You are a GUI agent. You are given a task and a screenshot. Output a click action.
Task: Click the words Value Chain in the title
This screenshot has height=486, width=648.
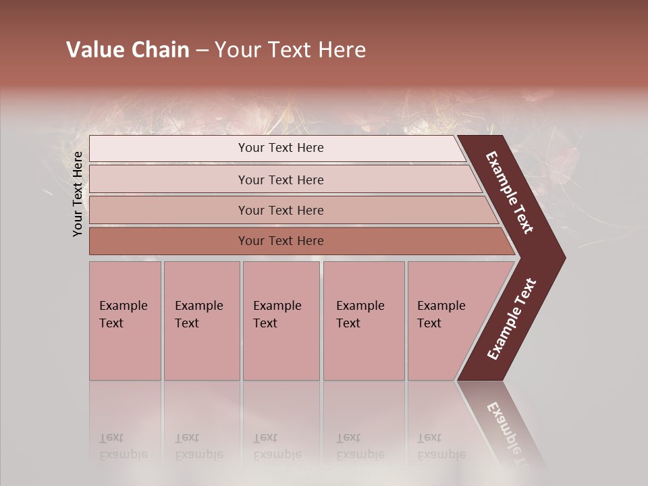coord(128,50)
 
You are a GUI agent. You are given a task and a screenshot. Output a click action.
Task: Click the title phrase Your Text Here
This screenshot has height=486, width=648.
coord(290,50)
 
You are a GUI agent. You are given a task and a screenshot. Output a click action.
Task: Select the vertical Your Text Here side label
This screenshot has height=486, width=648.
coord(78,194)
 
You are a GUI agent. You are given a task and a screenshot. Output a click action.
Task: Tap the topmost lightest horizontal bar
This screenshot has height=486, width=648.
coord(281,148)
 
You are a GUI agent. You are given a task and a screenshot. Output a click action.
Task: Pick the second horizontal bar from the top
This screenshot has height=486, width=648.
coord(281,180)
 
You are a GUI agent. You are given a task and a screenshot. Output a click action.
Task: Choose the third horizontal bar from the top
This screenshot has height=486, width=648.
coord(281,210)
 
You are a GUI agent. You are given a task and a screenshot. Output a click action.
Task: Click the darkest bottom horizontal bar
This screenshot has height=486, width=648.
coord(281,241)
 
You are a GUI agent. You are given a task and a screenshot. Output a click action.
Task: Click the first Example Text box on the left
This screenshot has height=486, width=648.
coord(125,321)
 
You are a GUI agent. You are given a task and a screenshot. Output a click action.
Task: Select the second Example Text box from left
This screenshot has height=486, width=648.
coord(201,321)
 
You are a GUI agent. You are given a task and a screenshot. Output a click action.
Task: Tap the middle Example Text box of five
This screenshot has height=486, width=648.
coord(281,321)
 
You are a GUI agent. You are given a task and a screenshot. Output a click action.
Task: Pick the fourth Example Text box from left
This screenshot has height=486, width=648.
coord(363,321)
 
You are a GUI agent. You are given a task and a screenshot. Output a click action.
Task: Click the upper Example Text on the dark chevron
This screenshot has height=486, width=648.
coord(510,192)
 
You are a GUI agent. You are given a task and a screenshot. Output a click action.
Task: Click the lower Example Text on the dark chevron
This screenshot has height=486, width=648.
coord(512,319)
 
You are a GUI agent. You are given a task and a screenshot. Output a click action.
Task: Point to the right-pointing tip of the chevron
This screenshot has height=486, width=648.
coord(562,257)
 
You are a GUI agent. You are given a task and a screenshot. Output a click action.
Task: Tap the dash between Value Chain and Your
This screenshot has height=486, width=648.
coord(202,51)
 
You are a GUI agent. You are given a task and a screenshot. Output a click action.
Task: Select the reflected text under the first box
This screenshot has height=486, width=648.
coord(123,446)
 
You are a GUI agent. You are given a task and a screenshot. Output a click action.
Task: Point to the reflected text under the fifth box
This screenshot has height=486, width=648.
coord(441,446)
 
